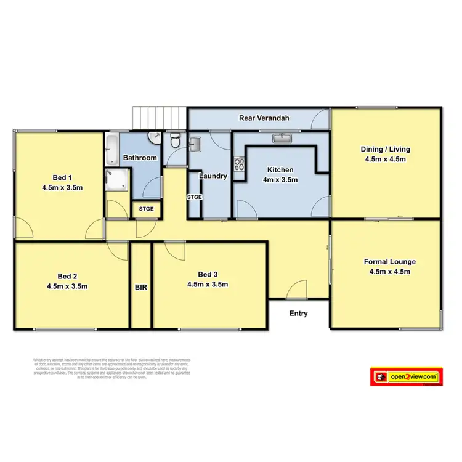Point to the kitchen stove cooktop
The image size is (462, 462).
click(239, 164)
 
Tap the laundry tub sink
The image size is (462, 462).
click(196, 144)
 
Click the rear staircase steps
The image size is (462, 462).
click(160, 117)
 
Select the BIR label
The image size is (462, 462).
click(140, 287)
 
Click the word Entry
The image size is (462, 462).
click(299, 314)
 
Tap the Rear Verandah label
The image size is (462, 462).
click(263, 118)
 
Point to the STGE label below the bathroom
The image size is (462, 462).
click(147, 209)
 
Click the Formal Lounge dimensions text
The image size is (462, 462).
click(386, 271)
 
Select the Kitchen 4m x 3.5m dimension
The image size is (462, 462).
click(279, 180)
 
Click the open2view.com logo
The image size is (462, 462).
click(407, 376)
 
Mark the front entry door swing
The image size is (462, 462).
click(298, 289)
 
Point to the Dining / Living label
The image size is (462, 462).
click(386, 149)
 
